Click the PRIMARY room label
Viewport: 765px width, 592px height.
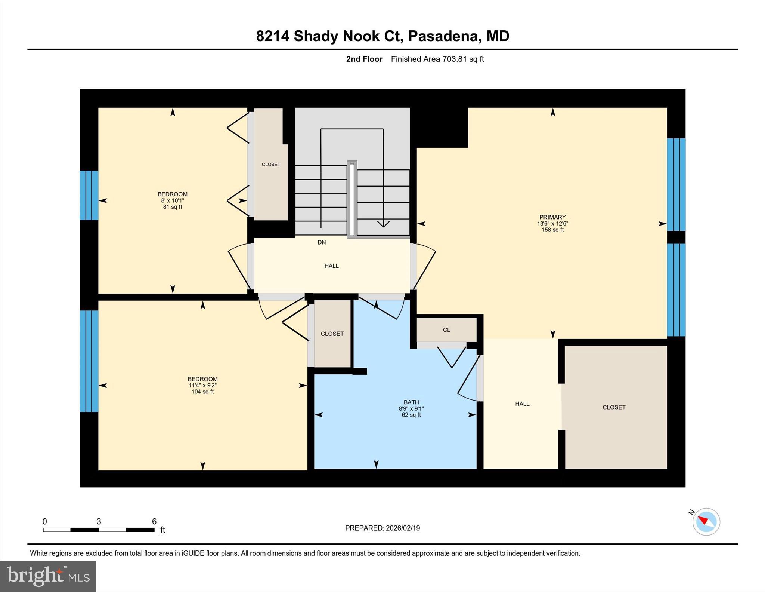coord(552,217)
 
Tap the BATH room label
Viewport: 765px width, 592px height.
coord(411,402)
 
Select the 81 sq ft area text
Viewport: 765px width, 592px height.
coord(172,207)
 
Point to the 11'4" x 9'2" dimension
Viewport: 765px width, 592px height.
coord(202,385)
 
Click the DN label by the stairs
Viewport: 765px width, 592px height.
coord(322,242)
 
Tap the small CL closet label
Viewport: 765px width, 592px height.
coord(446,330)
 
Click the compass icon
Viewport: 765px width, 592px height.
coord(706,522)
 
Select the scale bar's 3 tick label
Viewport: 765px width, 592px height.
coord(99,521)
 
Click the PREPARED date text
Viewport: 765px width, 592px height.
coord(382,528)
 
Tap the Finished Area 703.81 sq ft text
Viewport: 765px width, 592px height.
coord(437,59)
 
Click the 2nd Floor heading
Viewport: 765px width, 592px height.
coord(364,59)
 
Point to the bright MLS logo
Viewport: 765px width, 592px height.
coord(48,576)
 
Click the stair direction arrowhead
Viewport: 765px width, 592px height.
coord(383,224)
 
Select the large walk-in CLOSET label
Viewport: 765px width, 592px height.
coord(614,407)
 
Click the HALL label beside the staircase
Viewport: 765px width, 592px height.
coord(331,266)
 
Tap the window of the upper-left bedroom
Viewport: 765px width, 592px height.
coord(89,195)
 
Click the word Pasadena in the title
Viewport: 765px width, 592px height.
coord(443,36)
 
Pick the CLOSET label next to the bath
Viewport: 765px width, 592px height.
coord(332,334)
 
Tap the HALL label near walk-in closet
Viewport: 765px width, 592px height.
coord(522,404)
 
